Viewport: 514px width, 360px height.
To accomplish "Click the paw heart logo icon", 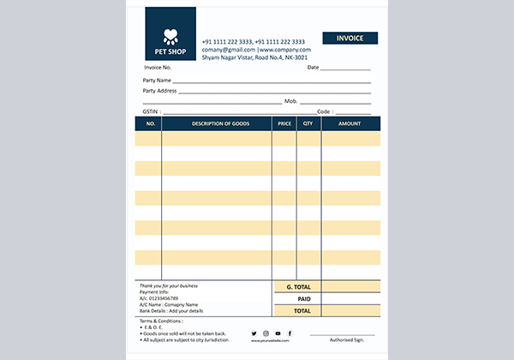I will pyautogui.click(x=170, y=36).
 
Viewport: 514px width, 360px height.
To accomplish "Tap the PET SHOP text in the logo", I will pyautogui.click(x=170, y=51).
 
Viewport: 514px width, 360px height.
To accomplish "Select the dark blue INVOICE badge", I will pyautogui.click(x=349, y=38).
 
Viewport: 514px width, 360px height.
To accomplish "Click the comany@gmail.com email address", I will pyautogui.click(x=228, y=50).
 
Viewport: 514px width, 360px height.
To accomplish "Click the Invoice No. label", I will pyautogui.click(x=158, y=67).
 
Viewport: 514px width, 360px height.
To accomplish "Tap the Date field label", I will pyautogui.click(x=313, y=67).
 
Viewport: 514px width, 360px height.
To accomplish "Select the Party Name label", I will pyautogui.click(x=157, y=80).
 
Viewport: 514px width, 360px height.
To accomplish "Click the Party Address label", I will pyautogui.click(x=160, y=90).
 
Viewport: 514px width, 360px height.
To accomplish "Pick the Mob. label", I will pyautogui.click(x=290, y=101).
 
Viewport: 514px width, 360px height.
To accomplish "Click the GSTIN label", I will pyautogui.click(x=151, y=111).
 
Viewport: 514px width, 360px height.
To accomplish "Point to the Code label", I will pyautogui.click(x=324, y=111).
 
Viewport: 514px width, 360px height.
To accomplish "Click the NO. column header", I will pyautogui.click(x=148, y=123).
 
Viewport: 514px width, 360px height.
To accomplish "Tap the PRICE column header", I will pyautogui.click(x=284, y=123).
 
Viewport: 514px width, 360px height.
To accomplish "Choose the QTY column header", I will pyautogui.click(x=308, y=123).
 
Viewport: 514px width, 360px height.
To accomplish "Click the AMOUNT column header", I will pyautogui.click(x=350, y=123).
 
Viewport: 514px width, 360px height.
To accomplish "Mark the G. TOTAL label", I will pyautogui.click(x=298, y=286).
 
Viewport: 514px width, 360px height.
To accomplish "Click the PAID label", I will pyautogui.click(x=303, y=298).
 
